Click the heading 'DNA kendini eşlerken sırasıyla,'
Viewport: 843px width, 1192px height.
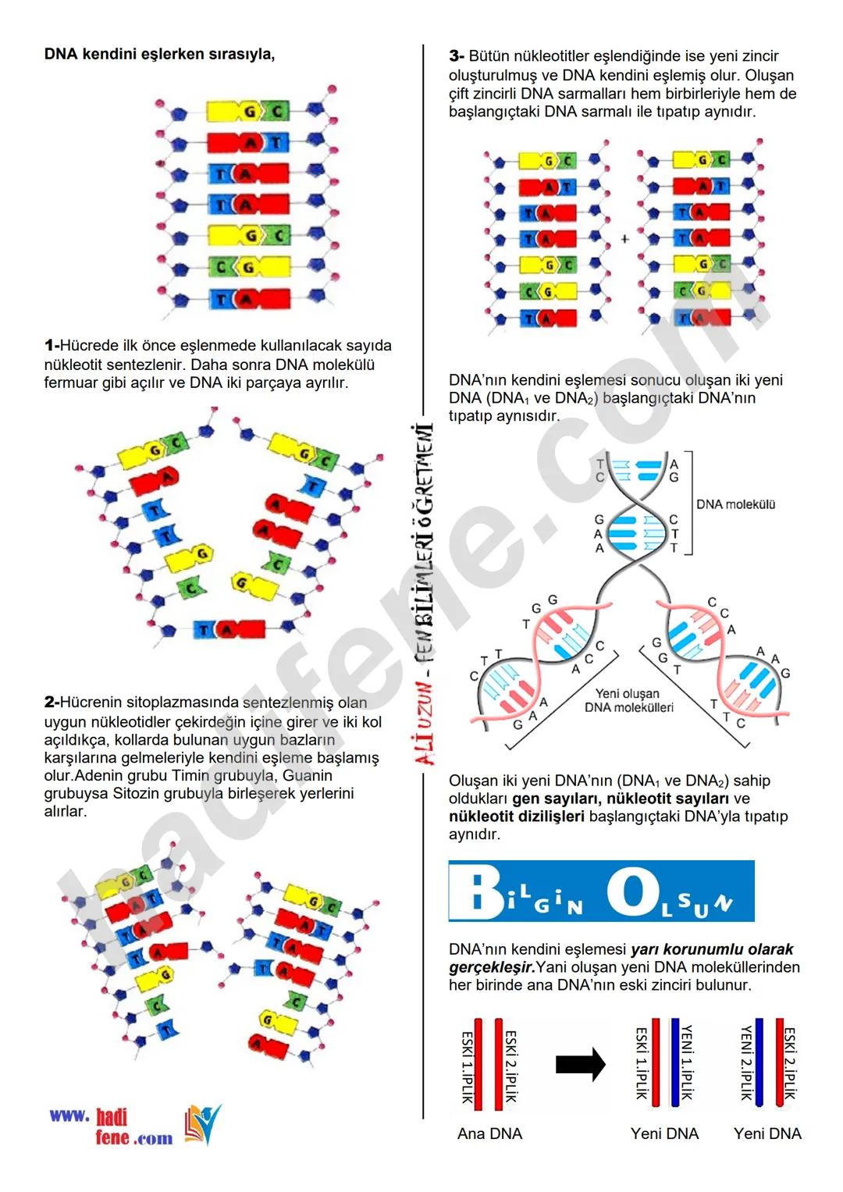pos(159,55)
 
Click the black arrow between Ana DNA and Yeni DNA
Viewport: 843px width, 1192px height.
pos(580,1064)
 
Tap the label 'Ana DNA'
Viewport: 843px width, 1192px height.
pos(489,1133)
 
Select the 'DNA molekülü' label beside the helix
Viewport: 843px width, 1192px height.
pos(735,505)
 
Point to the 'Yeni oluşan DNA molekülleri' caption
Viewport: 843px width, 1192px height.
pos(628,700)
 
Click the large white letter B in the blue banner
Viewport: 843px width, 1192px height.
pos(476,892)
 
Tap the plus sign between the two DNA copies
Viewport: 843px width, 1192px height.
pos(624,239)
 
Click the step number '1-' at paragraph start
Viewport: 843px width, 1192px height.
pos(52,346)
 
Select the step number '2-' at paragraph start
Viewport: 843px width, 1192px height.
pos(52,703)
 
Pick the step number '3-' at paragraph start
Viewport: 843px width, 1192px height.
pos(457,56)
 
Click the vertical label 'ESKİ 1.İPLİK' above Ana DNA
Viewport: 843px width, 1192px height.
pos(467,1066)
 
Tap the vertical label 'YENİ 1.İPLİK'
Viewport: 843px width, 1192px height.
pos(688,1062)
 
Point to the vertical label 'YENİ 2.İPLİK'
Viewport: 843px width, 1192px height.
pos(746,1062)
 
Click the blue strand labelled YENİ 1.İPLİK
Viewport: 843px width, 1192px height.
pos(675,1062)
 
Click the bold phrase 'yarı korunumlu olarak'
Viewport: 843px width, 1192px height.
pos(712,949)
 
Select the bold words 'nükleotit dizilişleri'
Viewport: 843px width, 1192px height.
pos(516,817)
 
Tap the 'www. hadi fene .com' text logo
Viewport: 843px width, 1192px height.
pos(111,1127)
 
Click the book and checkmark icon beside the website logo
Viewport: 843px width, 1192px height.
pos(202,1124)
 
